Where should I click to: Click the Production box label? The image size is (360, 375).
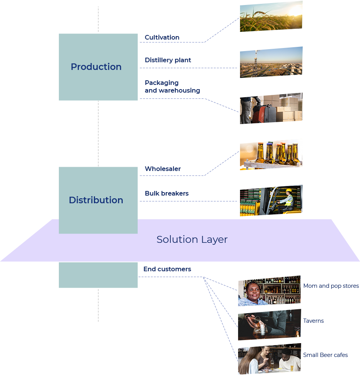(x=96, y=67)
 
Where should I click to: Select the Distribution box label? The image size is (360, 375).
(x=96, y=200)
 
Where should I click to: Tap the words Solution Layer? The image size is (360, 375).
(x=192, y=240)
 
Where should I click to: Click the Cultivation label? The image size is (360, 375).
(x=162, y=37)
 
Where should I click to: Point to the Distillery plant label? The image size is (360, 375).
(x=168, y=60)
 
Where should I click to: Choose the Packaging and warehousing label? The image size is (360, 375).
(x=172, y=86)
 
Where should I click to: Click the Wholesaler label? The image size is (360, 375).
(x=163, y=169)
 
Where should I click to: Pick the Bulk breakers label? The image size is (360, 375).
(x=167, y=193)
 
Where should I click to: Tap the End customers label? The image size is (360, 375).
(x=167, y=269)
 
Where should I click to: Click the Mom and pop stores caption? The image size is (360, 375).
(x=331, y=286)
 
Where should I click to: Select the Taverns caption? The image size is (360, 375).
(x=313, y=321)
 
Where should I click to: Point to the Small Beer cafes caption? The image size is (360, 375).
(x=325, y=355)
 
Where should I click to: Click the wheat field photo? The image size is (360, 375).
(x=271, y=17)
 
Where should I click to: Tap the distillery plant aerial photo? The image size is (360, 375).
(x=271, y=62)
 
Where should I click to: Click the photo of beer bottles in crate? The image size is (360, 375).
(x=271, y=154)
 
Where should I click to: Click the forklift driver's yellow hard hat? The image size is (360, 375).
(x=289, y=190)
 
